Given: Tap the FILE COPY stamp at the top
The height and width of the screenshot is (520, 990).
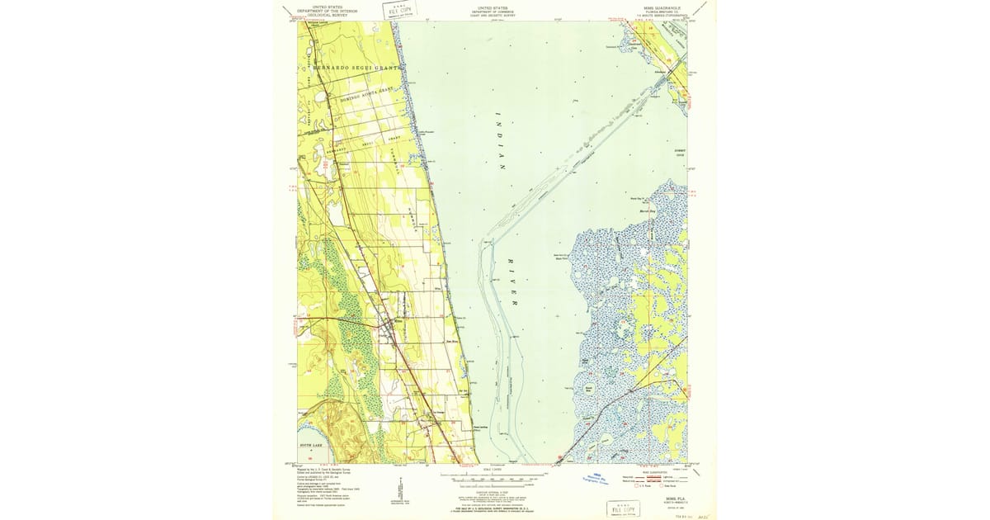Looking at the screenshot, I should [398, 10].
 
